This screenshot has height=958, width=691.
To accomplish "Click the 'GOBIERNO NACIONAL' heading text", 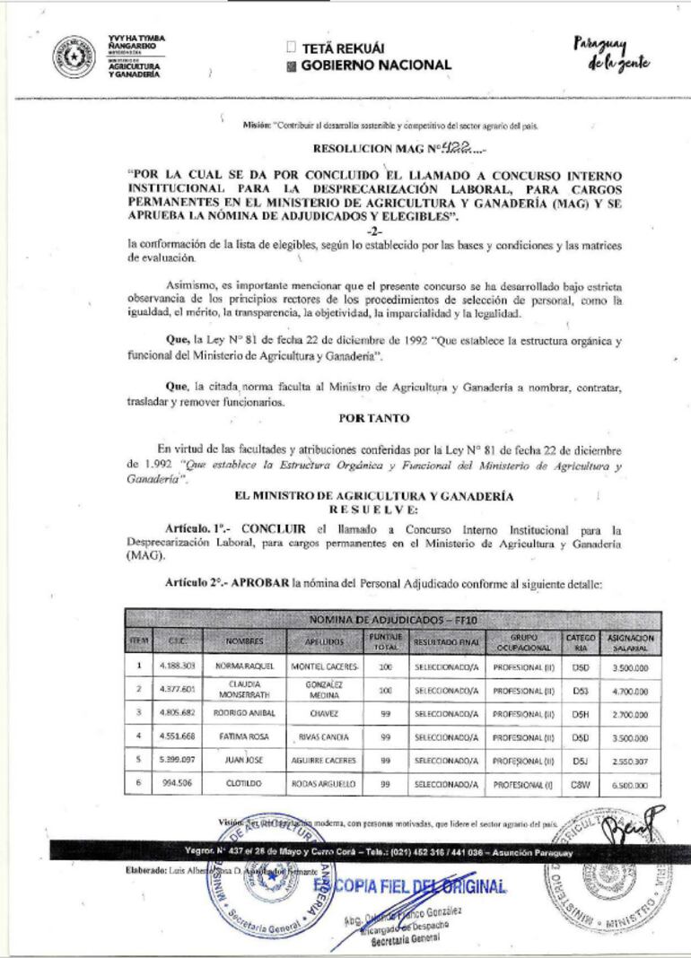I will pyautogui.click(x=376, y=65).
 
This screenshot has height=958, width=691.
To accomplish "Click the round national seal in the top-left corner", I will pyautogui.click(x=74, y=57).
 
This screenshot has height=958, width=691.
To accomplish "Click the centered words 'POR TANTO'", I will pyautogui.click(x=374, y=418).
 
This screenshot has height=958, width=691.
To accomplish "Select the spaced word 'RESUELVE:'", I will pyautogui.click(x=374, y=509).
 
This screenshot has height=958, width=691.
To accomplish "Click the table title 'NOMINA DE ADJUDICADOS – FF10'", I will pyautogui.click(x=393, y=620).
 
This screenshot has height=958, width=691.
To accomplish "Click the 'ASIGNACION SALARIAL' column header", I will pyautogui.click(x=631, y=642).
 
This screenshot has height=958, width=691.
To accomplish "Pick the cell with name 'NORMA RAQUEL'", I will pyautogui.click(x=244, y=667).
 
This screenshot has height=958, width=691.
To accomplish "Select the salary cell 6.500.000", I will pyautogui.click(x=631, y=784).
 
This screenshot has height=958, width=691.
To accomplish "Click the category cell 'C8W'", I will pyautogui.click(x=580, y=784).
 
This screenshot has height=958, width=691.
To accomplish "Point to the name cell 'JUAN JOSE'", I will pyautogui.click(x=244, y=760).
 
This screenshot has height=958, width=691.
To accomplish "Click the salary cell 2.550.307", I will pyautogui.click(x=631, y=760).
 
